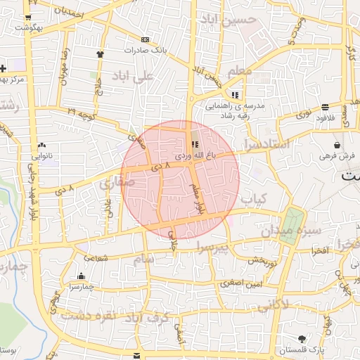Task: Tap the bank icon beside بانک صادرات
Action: pyautogui.click(x=145, y=39)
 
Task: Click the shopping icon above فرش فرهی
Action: pyautogui.click(x=337, y=144)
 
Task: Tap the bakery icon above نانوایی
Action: pyautogui.click(x=44, y=143)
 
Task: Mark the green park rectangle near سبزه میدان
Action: pyautogui.click(x=290, y=227)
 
